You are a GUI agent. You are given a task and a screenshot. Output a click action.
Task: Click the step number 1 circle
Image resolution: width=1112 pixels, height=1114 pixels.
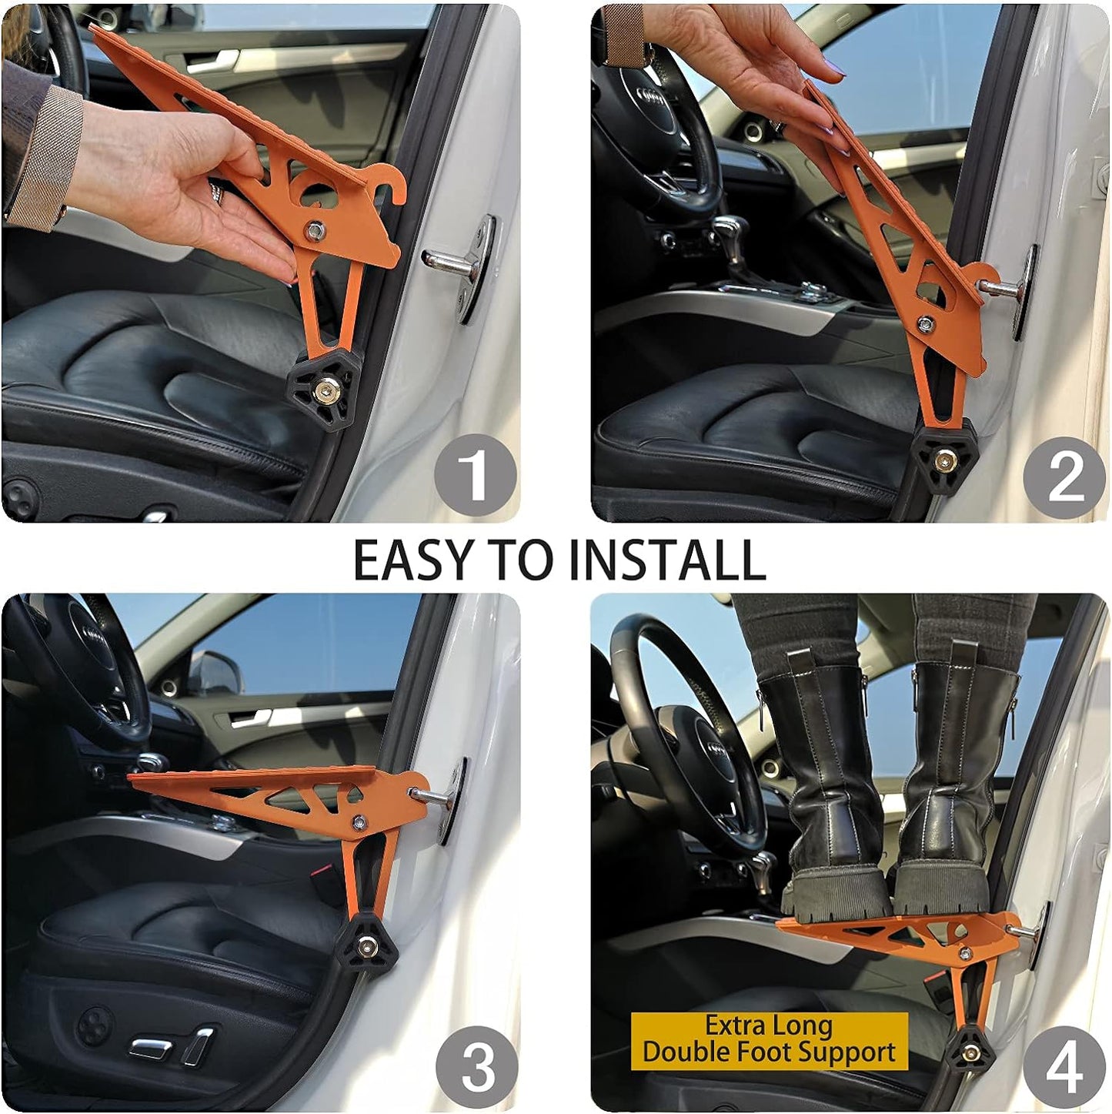point(474,476)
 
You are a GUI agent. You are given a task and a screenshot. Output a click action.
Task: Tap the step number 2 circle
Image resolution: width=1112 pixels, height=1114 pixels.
point(1065,477)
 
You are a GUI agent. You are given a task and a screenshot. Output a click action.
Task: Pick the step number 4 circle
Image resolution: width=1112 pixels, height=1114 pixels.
point(1064,1067)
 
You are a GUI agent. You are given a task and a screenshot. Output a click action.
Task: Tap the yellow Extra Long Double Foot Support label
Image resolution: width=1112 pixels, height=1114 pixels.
point(769,1040)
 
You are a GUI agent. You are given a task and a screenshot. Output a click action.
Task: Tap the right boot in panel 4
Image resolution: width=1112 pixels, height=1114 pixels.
point(951,785)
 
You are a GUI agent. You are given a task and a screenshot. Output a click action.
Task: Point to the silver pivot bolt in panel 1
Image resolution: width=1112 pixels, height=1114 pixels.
point(314,230)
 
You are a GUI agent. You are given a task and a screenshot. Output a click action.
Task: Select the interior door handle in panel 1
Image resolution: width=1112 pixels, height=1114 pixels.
point(219,59)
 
